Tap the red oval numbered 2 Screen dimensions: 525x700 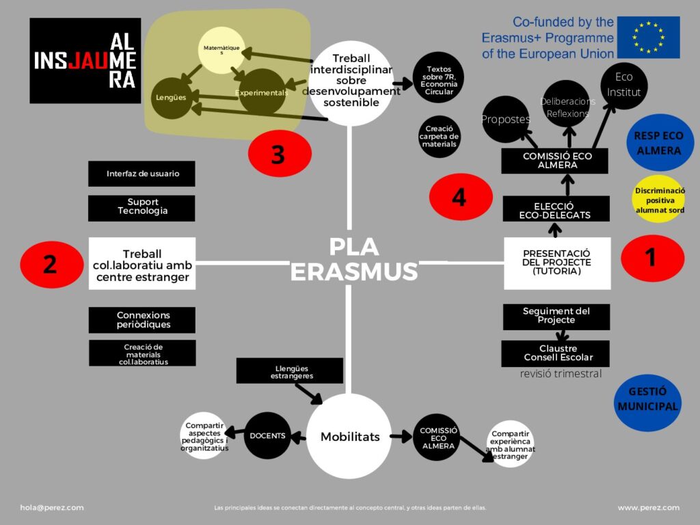[50, 264]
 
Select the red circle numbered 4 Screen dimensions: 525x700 [460, 197]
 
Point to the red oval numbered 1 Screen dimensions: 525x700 [652, 258]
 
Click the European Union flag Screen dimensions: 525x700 [648, 37]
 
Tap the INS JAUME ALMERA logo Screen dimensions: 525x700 [85, 61]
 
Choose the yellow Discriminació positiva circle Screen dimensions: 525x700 [659, 200]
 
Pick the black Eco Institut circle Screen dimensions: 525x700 [623, 85]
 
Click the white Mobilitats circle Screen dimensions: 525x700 [350, 436]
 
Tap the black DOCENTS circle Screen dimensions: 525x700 [267, 435]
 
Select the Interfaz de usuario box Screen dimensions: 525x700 [142, 174]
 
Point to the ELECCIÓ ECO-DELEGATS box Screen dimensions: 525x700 [556, 209]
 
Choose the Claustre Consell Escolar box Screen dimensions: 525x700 [555, 353]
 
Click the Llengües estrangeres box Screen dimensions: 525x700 [289, 371]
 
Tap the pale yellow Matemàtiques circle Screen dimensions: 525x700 [223, 50]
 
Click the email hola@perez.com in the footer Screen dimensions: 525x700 [52, 508]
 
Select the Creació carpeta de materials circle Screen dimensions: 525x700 [440, 137]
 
